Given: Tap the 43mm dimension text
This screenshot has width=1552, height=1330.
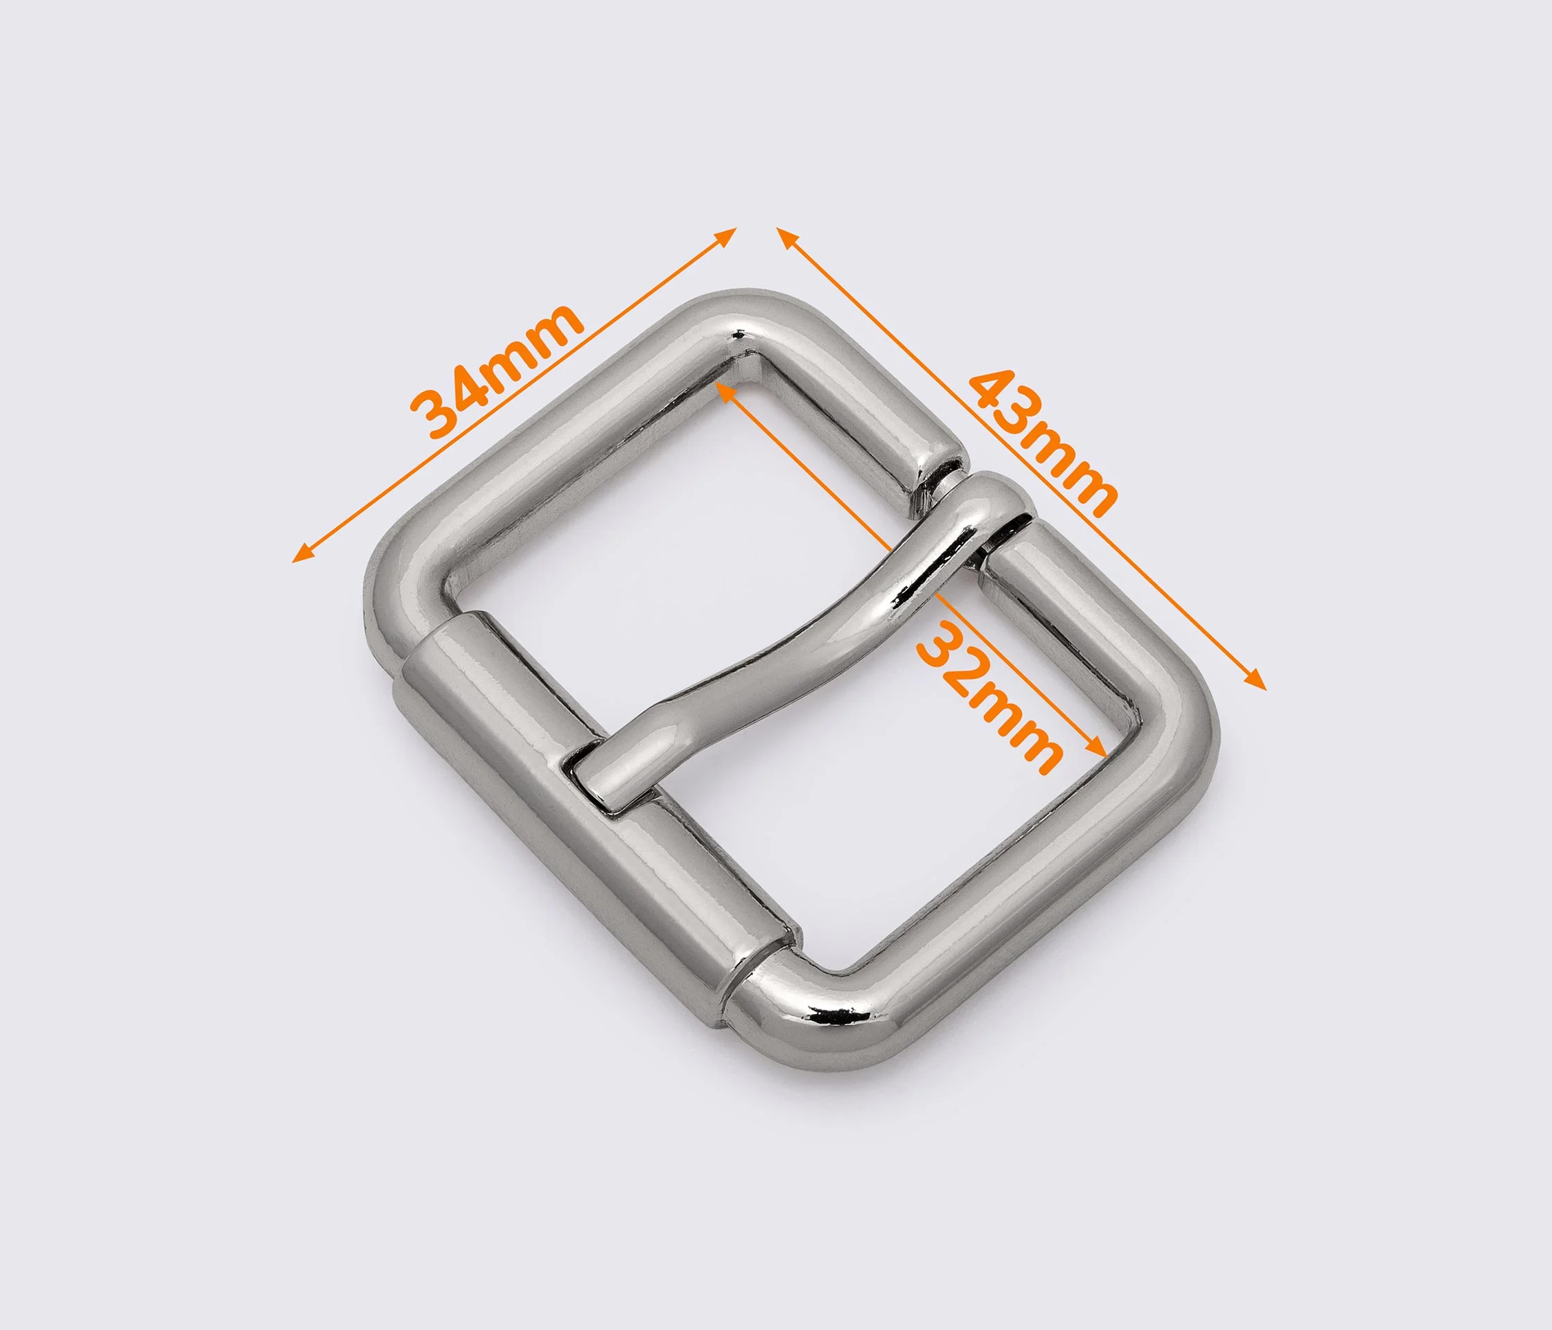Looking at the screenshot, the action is point(1043,443).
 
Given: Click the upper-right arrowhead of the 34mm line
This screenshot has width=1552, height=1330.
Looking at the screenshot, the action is point(727,238).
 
